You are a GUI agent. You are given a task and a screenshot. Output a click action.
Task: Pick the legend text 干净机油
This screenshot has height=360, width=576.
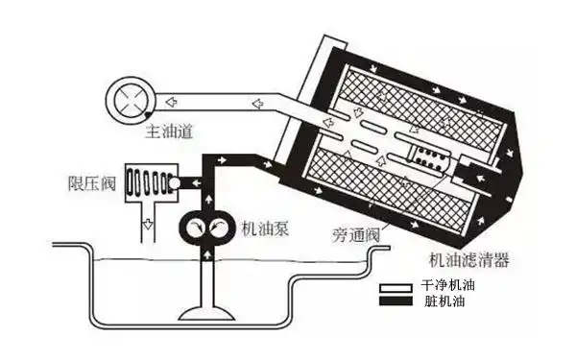point(448,287)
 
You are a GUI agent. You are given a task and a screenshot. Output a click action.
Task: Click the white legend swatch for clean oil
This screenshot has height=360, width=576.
point(395,288)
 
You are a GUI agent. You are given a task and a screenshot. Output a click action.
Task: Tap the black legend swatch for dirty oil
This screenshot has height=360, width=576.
point(395,302)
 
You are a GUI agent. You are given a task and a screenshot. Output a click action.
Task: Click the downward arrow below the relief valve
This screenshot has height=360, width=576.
point(148,227)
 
